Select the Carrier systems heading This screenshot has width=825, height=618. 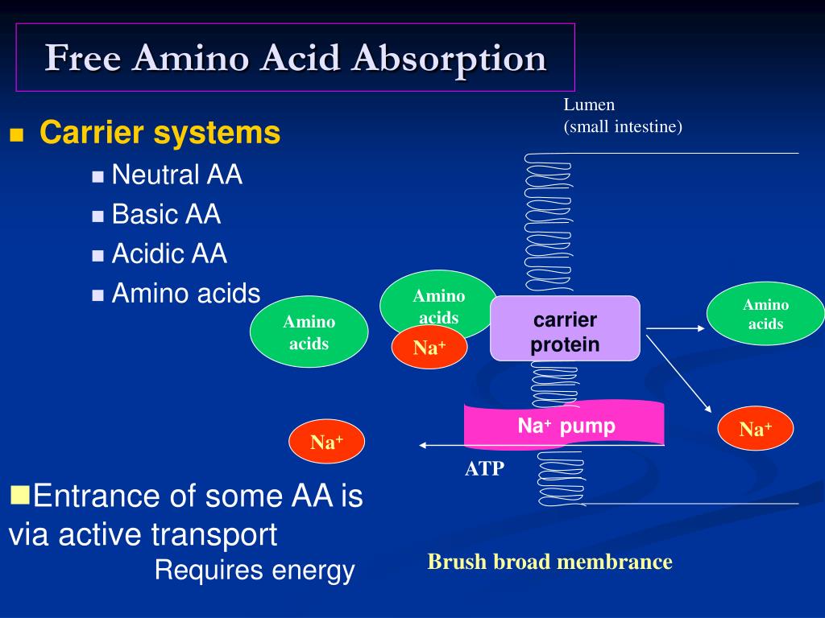[160, 133]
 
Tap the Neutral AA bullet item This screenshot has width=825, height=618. [176, 175]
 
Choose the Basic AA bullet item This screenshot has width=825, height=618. [166, 214]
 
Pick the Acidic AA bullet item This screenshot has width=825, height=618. [169, 254]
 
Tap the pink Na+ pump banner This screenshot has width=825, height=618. [565, 425]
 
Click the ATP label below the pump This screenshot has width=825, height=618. [484, 469]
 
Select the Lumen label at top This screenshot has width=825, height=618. [589, 105]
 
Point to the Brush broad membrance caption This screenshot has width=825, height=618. [549, 562]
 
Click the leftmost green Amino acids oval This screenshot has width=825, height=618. [309, 332]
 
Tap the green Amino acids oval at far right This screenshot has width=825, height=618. [765, 314]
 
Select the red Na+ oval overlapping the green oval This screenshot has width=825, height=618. [429, 348]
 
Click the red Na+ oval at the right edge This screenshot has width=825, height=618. [755, 429]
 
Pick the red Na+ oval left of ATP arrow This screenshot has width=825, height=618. [326, 442]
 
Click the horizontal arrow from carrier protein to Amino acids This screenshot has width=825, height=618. [675, 328]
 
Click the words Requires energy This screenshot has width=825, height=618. [255, 571]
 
